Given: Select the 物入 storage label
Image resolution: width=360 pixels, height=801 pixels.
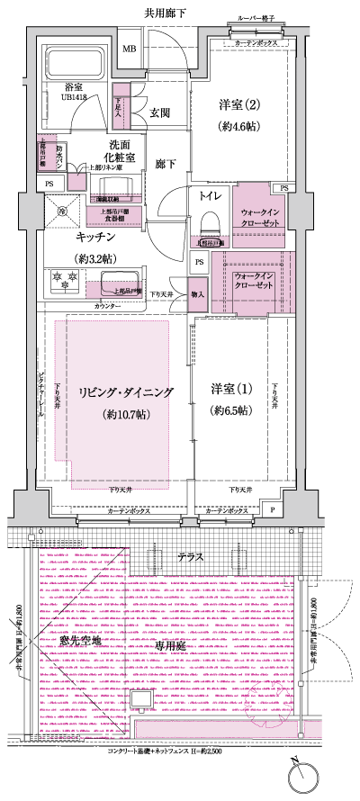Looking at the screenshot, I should pos(200,294).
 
